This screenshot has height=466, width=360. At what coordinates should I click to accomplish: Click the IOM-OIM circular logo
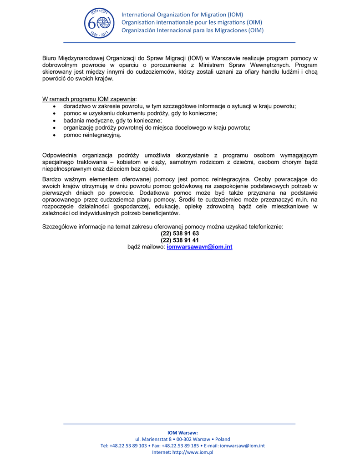pos(99,23)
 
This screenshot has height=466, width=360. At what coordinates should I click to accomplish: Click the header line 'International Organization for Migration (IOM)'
pos(182,15)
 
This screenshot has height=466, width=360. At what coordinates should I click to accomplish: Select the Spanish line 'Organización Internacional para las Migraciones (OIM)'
pos(192,30)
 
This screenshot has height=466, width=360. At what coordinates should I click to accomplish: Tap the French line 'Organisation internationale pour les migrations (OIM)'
pos(191,22)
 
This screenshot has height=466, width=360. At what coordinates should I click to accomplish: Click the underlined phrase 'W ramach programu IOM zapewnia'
pos(89,99)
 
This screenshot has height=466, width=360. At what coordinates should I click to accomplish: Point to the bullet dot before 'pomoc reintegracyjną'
pos(55,135)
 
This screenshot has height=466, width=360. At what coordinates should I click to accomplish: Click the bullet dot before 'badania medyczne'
pos(55,121)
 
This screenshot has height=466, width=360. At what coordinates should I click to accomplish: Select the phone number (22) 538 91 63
pos(180,233)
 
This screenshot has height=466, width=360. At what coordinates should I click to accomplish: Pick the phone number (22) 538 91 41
pos(180,240)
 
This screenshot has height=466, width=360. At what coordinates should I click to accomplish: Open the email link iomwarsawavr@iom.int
pos(199,247)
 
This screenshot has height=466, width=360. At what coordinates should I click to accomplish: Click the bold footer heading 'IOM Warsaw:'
pos(183,432)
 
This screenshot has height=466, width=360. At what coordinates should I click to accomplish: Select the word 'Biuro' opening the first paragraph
pos(50,58)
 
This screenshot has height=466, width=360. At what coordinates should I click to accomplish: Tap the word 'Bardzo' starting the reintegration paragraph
pos(52,179)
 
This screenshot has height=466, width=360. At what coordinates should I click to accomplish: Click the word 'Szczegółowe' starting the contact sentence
pos(61,226)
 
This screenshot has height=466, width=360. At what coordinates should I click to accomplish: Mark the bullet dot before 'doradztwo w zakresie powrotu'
pos(55,106)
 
